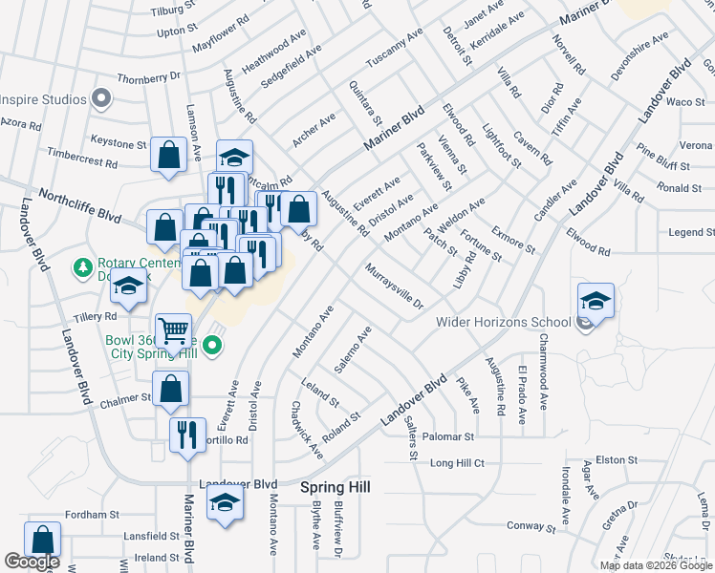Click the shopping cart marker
pos(173,331)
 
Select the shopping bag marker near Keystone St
pos(168,156)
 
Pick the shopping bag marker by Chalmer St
pos(171,389)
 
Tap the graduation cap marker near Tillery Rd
pos(128,286)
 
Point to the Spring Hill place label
pos(336,487)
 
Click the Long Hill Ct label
pos(457,463)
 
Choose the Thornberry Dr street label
pos(148,77)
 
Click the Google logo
pos(32,562)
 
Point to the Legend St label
pos(691,232)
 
